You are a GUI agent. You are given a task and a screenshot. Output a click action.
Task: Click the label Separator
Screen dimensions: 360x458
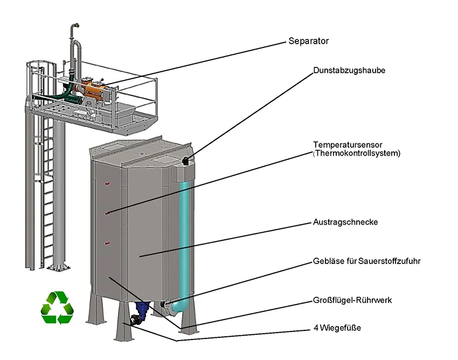[x=308, y=41]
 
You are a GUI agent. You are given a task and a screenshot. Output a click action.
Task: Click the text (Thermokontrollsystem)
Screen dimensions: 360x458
[x=357, y=153]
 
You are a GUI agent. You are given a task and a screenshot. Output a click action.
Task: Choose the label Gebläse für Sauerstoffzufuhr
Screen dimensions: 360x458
[x=366, y=261]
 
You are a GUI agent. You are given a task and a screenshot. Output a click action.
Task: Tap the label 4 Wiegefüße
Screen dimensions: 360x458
[x=337, y=327]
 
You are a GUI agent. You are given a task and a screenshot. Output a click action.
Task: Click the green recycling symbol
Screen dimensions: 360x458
[x=56, y=308]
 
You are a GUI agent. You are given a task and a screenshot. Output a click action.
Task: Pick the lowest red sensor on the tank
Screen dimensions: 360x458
[x=107, y=244]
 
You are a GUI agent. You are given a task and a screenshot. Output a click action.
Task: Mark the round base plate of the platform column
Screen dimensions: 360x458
[x=58, y=267]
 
